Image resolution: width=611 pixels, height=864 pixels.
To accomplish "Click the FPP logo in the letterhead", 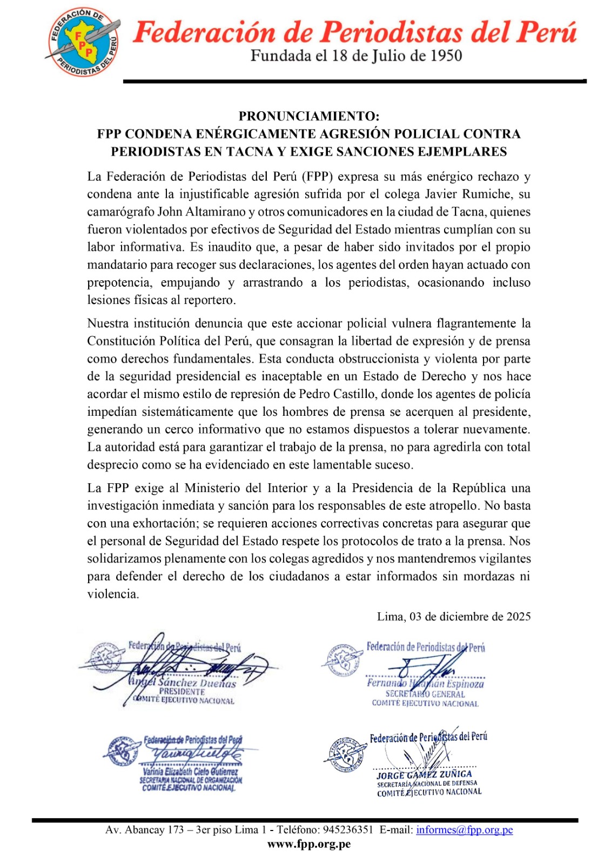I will click(x=83, y=41).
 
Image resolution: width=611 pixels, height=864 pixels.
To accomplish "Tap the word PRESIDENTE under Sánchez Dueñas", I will click(x=182, y=692).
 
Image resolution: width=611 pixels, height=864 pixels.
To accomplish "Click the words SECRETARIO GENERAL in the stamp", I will click(x=425, y=694).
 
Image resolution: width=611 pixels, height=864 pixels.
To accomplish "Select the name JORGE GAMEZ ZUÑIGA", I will click(x=424, y=774).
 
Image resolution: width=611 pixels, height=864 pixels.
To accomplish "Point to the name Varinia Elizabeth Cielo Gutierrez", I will click(x=190, y=772).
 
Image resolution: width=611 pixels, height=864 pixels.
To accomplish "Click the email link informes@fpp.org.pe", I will click(x=464, y=830).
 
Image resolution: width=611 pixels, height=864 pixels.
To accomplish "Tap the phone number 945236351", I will click(x=348, y=830).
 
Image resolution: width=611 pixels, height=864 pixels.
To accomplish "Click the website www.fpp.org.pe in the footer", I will click(x=309, y=845).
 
